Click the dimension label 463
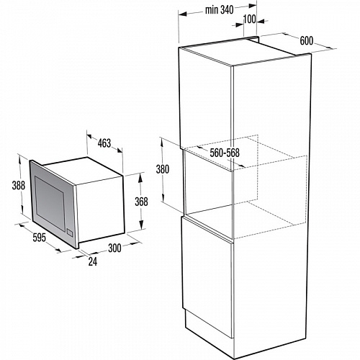pos(104,143)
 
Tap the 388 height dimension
pos(19,185)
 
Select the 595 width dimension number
pos(39,238)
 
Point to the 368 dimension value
pos(141,202)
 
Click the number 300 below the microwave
pos(114,248)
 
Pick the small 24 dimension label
pos(93,261)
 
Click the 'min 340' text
pos(219,10)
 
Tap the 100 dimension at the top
pos(250,19)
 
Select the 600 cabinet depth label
pos(307,40)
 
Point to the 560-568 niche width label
pos(225,153)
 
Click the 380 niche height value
pos(163,169)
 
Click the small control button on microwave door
pos(70,233)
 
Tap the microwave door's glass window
pos(50,200)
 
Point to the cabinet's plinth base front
pos(209,323)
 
